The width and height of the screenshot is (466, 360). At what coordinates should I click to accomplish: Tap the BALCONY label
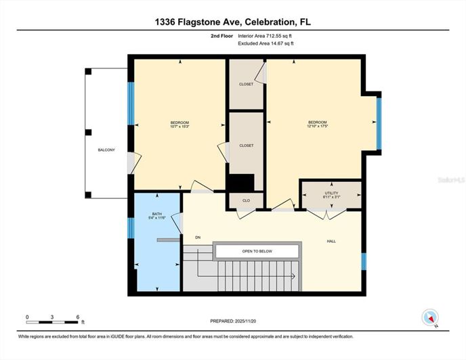(106, 150)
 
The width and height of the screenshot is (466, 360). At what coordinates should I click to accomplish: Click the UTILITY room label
(331, 193)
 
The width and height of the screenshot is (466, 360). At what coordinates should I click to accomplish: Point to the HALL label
(331, 241)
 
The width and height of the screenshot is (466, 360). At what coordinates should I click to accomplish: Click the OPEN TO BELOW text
(257, 251)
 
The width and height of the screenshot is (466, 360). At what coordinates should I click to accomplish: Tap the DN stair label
(198, 238)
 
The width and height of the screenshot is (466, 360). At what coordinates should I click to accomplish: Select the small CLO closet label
(246, 200)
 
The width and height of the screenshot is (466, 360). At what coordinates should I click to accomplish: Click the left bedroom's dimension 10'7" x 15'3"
(179, 126)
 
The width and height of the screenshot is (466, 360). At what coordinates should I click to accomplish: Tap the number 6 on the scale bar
(79, 317)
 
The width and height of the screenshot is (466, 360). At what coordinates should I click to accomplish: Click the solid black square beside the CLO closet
(240, 183)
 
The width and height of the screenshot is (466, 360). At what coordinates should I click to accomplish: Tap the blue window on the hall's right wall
(364, 261)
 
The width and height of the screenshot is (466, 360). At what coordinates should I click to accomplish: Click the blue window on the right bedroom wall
(379, 122)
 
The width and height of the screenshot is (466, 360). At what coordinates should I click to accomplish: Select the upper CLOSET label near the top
(246, 84)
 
